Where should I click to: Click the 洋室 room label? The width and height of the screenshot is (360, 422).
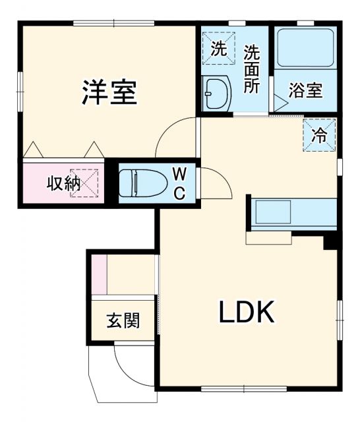(109, 92)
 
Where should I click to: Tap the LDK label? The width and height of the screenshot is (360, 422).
(246, 313)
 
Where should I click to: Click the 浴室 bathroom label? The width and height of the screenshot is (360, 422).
(306, 91)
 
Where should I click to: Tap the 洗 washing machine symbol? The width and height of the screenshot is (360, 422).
(218, 48)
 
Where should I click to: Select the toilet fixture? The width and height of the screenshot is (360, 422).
(142, 181)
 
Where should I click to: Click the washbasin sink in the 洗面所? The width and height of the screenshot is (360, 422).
(216, 92)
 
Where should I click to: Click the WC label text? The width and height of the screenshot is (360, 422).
(179, 183)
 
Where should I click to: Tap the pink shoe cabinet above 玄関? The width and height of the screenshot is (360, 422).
(98, 273)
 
